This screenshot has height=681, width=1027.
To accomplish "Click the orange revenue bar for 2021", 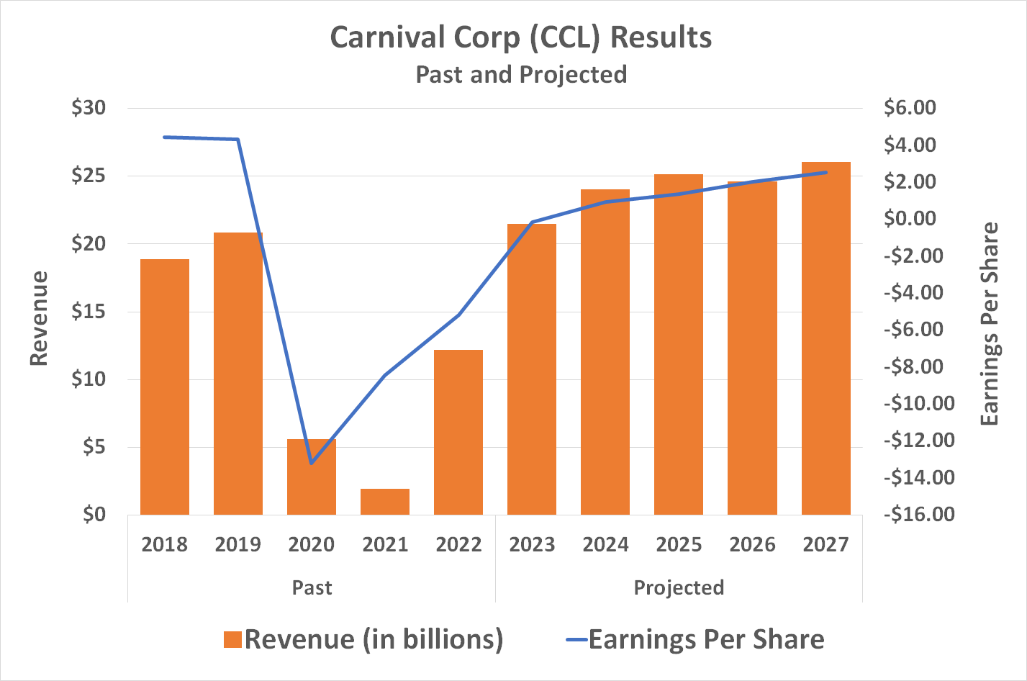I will pos(385,502).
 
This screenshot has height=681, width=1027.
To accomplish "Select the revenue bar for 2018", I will pos(165,387).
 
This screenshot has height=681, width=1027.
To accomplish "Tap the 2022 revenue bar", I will pos(458,432).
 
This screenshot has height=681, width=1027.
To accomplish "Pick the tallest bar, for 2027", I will pos(825,338).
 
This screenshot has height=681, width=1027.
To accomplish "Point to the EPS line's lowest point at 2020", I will pos(311,463).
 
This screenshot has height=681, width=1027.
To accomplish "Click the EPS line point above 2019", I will pos(237,139).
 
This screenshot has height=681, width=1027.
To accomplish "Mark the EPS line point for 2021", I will pos(385,375).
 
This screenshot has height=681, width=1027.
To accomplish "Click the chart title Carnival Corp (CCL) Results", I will pos(521,37).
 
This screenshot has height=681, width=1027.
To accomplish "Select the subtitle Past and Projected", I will pos(521,75).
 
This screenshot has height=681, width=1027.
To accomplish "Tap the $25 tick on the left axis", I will pos(89,176).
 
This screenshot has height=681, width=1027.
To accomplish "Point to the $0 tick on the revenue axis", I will pos(94,515).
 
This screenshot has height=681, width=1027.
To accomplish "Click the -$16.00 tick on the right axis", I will pos(920,515).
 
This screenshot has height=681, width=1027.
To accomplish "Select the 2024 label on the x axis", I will pos(605,545).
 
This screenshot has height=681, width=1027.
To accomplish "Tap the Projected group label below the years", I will pos(679,588).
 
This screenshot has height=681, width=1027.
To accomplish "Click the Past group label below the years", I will pos(312,588).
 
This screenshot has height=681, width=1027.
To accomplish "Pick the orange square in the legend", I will pos(232,640).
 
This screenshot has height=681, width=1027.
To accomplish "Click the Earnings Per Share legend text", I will pos(706,640).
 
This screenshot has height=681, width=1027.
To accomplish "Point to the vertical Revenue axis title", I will pos(39,318).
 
